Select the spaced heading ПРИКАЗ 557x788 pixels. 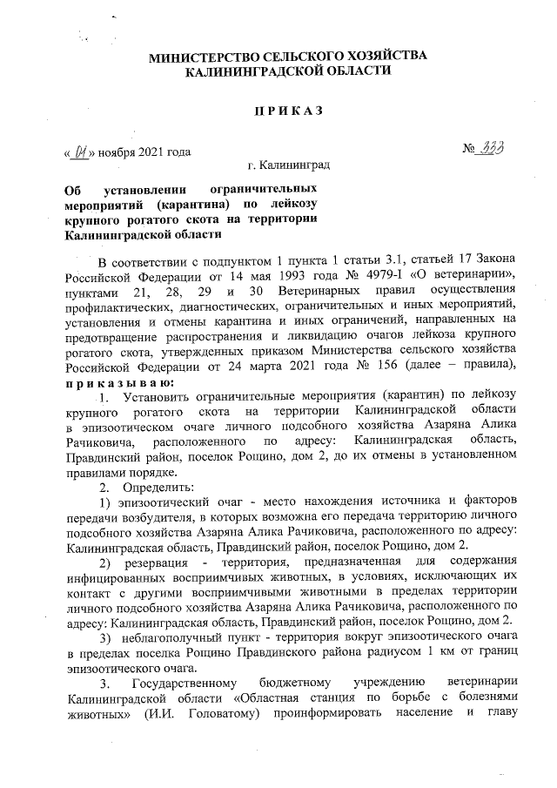(x=289, y=111)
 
